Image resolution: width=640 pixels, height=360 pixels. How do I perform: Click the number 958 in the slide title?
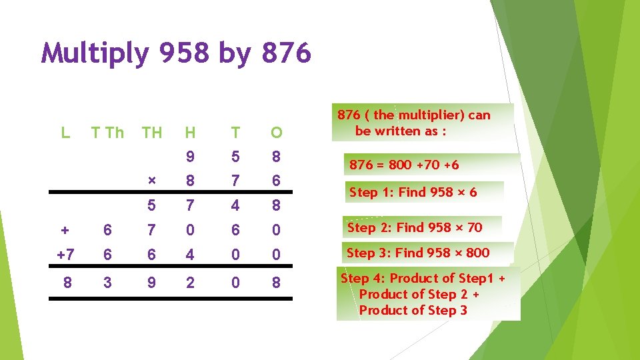[185, 53]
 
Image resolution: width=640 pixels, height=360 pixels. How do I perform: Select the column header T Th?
[108, 133]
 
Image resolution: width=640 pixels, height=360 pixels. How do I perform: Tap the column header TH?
[152, 133]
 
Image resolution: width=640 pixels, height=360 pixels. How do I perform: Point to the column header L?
[65, 133]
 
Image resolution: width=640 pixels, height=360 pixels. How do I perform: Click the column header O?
[276, 133]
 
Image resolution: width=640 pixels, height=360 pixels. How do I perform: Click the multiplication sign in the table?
[152, 181]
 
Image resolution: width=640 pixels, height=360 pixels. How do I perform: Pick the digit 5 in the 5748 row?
[152, 205]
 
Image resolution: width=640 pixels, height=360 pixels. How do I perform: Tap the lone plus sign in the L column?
[65, 230]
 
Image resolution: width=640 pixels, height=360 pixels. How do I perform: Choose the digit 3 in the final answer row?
[108, 283]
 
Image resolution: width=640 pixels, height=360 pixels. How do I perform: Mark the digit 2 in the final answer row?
[191, 283]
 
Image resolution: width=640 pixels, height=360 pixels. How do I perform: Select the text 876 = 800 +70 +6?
[404, 165]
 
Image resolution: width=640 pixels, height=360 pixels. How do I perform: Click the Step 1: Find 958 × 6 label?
[413, 193]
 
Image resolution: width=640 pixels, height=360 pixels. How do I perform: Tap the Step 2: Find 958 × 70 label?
[415, 227]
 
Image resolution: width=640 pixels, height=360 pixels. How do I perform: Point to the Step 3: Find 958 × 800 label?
[418, 253]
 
